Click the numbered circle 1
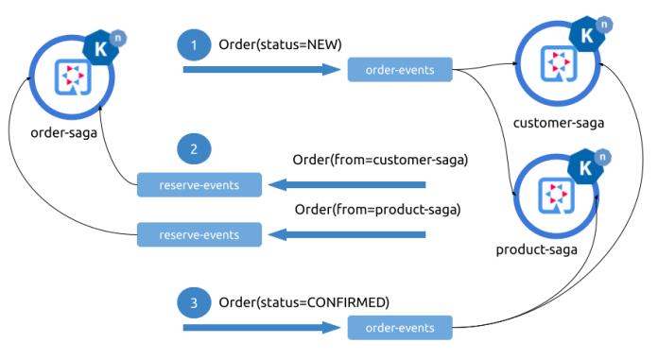point(194,44)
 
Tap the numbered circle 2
point(194,149)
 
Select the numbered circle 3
point(194,302)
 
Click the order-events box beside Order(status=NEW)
point(399,69)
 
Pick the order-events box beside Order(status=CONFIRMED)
point(399,328)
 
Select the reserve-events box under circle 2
point(199,185)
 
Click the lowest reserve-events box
point(199,232)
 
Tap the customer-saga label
point(558,122)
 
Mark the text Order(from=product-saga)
point(377,208)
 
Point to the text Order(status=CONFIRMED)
point(303,301)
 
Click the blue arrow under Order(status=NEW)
point(261,69)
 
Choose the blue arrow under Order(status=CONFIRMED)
point(261,328)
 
